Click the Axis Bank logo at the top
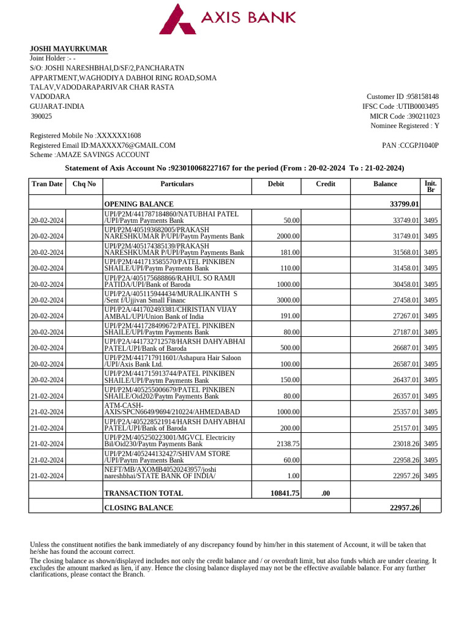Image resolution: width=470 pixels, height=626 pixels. pos(228,18)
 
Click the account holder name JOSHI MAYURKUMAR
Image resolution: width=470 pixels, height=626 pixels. pos(69,49)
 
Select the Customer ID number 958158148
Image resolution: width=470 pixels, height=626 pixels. pos(423,97)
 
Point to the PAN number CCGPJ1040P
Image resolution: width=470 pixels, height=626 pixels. pos(419,145)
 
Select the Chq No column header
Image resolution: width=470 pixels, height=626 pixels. pos(84,183)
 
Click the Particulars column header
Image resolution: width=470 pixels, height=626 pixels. pos(177,183)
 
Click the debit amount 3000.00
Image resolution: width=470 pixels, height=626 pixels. pos(286,300)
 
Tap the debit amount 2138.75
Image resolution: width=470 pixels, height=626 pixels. pos(287,444)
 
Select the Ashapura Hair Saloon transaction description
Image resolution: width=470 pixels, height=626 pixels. pos(173,361)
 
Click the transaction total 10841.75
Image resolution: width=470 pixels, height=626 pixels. pos(285,493)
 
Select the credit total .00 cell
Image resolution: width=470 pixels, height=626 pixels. pos(326,493)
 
